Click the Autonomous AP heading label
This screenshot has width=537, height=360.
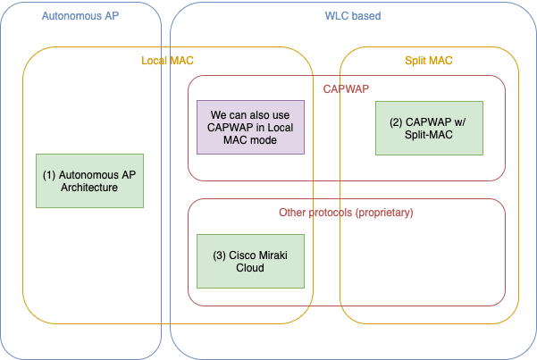coord(80,16)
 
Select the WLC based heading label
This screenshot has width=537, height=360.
coord(353,16)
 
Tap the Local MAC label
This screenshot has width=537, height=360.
coord(167,61)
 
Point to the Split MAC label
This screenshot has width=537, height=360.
coord(429,61)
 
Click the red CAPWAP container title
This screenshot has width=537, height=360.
coord(346,89)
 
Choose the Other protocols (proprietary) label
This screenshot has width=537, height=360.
coord(346,213)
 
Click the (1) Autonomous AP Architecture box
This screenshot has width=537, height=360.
coord(89,180)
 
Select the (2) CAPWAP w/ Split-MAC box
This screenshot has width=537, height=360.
coord(429,128)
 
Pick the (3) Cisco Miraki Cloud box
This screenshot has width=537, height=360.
coord(250,262)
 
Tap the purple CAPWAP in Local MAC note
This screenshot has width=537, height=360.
coord(250,128)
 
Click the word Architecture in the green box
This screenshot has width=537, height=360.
coord(89,188)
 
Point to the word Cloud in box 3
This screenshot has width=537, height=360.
coord(250,267)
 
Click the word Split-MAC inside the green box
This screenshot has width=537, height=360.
coord(429,135)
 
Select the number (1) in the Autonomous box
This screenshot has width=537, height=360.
coord(49,175)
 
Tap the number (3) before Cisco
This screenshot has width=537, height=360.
coord(219,255)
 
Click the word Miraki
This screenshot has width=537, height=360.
coord(273,255)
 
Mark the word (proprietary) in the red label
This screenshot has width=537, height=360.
coord(384,213)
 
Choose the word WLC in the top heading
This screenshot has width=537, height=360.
coord(336,16)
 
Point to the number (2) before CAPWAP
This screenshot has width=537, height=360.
coord(396,122)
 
